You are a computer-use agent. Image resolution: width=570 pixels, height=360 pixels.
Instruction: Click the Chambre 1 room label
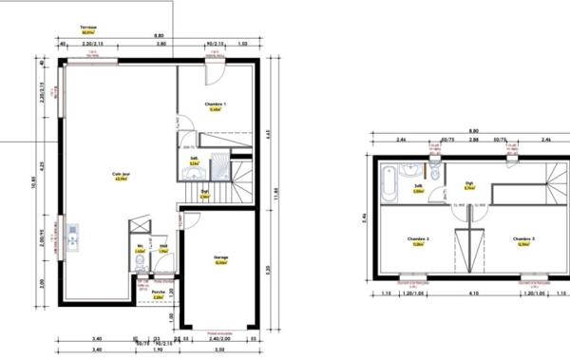point(217,103)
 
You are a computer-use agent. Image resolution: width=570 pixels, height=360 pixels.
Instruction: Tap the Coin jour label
point(121,174)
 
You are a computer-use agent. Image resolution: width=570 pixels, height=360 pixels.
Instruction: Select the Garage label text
point(220,256)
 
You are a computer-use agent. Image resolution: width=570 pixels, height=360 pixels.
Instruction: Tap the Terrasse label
point(90,28)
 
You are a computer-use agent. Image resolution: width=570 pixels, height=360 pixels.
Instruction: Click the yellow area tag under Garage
point(220,263)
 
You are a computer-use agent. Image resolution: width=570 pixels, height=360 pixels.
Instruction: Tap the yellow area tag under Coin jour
point(121,180)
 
